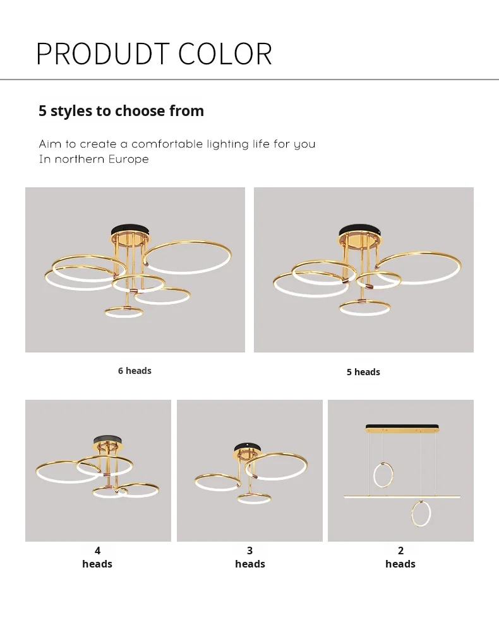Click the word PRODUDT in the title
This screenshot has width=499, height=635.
[102, 54]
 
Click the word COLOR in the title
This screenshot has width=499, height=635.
[225, 54]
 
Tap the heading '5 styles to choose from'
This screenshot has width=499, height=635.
[121, 111]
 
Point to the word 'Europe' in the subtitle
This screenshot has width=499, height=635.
[128, 159]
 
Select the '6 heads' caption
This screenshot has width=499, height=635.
[135, 371]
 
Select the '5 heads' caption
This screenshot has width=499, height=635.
[363, 372]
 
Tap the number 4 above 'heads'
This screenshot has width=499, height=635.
[97, 551]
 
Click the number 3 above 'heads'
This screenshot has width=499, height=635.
[250, 551]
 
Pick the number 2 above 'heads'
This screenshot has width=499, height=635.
[401, 551]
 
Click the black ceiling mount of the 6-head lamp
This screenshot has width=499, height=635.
[131, 230]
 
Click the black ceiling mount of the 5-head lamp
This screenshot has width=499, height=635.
[360, 230]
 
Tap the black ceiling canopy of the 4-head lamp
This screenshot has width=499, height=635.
[107, 439]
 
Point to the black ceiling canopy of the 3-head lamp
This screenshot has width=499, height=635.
[248, 446]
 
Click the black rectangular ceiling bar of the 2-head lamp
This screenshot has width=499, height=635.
[402, 426]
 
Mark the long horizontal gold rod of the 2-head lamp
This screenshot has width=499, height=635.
[402, 496]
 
